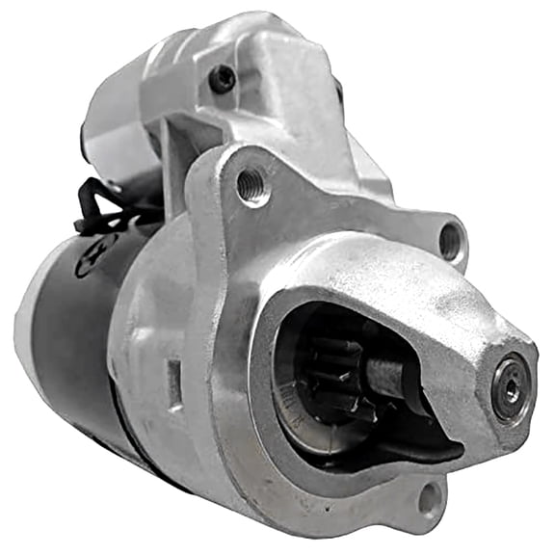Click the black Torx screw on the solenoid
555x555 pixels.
(224, 77)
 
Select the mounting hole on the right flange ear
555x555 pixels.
(450, 240)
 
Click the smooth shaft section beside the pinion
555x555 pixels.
(389, 378)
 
